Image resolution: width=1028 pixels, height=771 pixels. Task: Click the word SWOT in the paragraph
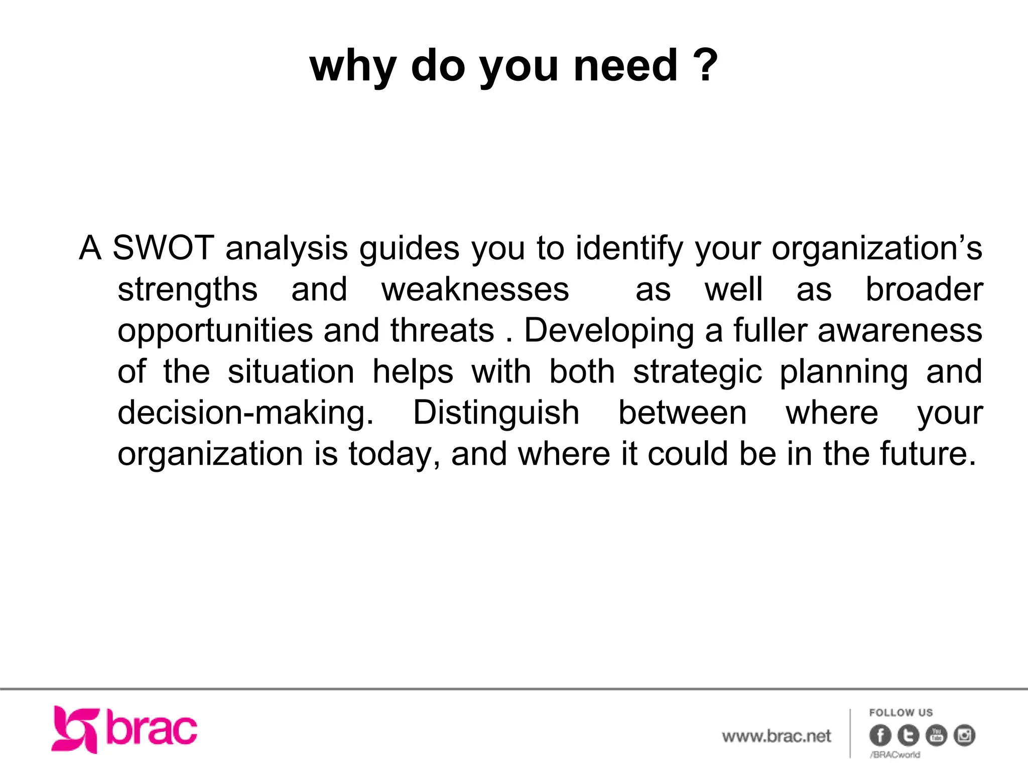[x=163, y=248]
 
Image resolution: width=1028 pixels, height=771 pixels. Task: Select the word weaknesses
[x=475, y=290]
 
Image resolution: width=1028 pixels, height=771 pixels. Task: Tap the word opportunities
[x=215, y=331]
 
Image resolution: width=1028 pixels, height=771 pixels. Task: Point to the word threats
[x=442, y=331]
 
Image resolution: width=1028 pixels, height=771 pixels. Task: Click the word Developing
[x=608, y=331]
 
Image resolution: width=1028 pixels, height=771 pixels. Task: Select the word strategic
[x=697, y=372]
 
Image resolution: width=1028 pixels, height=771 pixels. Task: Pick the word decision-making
[x=245, y=413]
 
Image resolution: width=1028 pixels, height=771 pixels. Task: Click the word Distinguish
[x=496, y=413]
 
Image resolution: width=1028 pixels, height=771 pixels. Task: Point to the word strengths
[x=187, y=290]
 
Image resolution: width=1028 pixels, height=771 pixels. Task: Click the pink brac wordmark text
[x=152, y=729]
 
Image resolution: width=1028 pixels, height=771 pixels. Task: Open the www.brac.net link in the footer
[x=776, y=736]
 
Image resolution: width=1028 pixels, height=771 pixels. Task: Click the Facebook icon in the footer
[x=880, y=736]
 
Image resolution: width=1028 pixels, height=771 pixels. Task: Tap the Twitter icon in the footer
[x=908, y=736]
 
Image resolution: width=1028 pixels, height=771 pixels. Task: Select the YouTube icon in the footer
[x=936, y=736]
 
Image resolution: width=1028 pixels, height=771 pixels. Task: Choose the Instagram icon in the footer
[x=964, y=736]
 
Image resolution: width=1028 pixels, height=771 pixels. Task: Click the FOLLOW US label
[x=901, y=713]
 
